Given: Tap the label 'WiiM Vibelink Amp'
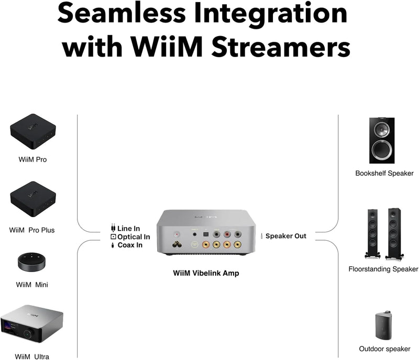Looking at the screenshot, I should (x=206, y=273).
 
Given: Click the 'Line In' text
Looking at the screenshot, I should (x=128, y=228).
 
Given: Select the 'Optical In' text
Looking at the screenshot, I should (x=134, y=237).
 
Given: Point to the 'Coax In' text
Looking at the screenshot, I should (x=129, y=245).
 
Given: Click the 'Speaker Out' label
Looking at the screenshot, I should (x=285, y=236).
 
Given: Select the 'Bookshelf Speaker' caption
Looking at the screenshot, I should (x=384, y=173).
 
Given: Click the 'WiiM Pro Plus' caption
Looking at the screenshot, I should (x=32, y=230).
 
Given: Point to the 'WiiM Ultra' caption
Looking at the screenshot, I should (x=32, y=357).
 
